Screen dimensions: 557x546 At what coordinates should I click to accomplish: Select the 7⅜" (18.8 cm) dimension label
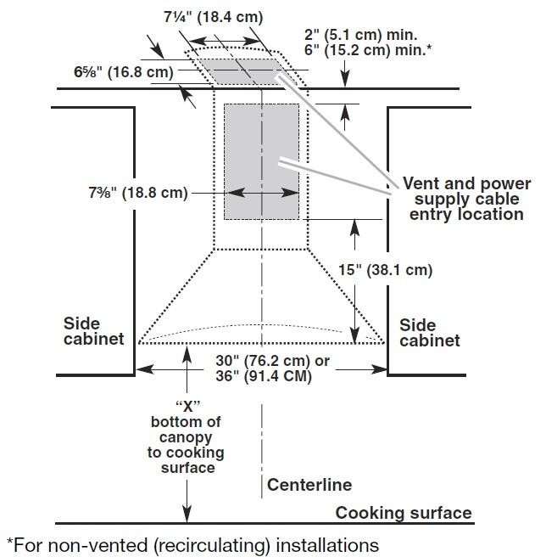click(137, 193)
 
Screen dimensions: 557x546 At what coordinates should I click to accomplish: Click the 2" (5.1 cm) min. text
click(361, 36)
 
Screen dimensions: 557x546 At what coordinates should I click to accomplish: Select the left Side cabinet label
click(93, 331)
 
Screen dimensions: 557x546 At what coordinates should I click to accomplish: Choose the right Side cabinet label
click(429, 333)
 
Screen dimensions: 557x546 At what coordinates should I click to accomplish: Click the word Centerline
click(309, 486)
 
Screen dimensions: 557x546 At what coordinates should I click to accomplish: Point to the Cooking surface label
click(404, 513)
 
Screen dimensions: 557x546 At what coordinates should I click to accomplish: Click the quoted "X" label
click(186, 405)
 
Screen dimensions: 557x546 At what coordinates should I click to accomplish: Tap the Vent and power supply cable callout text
click(466, 199)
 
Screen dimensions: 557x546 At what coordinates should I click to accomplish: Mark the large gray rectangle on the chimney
click(260, 161)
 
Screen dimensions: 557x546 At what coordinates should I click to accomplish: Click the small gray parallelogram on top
click(245, 71)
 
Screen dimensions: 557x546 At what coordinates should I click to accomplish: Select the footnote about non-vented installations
click(192, 543)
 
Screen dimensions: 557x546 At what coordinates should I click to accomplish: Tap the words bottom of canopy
click(186, 429)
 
